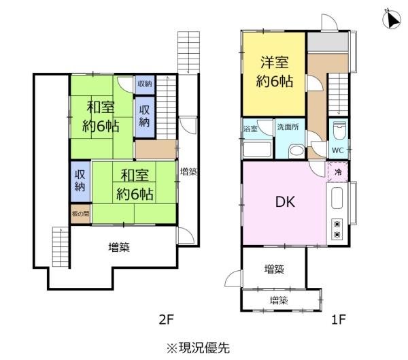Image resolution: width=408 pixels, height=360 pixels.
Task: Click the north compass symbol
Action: (x=392, y=18)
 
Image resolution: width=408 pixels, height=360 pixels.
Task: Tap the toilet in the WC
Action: (x=339, y=133)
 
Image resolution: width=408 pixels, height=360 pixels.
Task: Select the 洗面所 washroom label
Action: (x=288, y=127)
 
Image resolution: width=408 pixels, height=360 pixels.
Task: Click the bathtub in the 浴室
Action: (x=257, y=149)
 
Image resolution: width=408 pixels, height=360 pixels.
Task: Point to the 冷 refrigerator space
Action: (x=337, y=171)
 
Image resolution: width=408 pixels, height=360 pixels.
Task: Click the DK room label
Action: (x=285, y=202)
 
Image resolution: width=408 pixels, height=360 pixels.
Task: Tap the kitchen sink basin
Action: (x=337, y=198)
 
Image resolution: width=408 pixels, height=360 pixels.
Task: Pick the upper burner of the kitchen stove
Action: (x=337, y=225)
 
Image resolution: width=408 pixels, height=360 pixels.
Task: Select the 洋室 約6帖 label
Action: (x=275, y=71)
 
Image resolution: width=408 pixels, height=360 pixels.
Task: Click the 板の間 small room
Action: (x=80, y=214)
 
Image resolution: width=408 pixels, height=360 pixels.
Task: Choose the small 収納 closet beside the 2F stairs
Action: (x=145, y=84)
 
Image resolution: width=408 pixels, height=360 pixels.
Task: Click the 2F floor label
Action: (x=166, y=319)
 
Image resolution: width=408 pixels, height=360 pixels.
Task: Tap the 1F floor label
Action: (x=338, y=319)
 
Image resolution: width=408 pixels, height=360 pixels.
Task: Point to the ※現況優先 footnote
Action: (x=199, y=348)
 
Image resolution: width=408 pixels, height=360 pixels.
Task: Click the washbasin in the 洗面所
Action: (x=296, y=150)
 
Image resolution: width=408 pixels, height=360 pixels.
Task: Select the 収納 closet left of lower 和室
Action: (x=80, y=182)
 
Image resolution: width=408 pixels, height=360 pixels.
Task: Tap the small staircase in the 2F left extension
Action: (x=61, y=246)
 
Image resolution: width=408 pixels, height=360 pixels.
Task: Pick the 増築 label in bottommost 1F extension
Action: (x=279, y=301)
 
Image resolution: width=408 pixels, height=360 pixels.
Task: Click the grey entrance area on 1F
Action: (x=328, y=42)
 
